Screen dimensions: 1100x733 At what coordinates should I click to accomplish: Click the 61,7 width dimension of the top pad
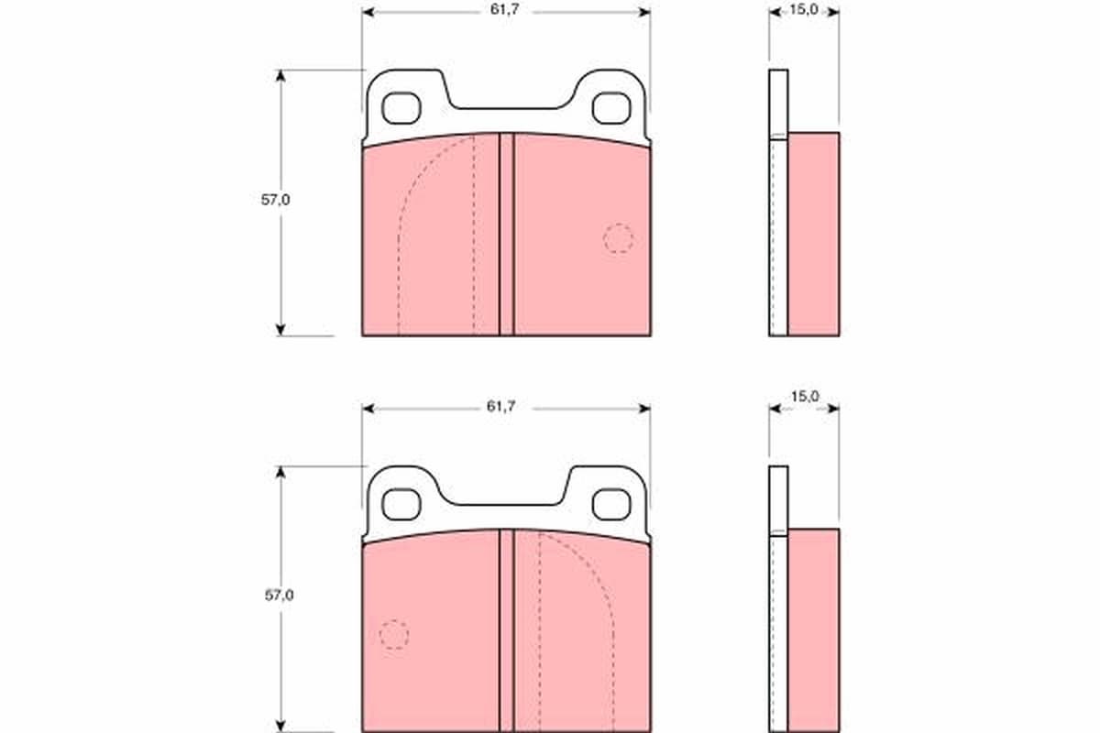pos(504,9)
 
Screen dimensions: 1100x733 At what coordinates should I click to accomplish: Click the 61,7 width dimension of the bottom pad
pos(500,406)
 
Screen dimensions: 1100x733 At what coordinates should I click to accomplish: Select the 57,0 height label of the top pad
pos(275,200)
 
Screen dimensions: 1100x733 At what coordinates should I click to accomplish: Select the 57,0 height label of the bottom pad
pos(279,595)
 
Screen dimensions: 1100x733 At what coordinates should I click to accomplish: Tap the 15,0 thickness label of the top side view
pos(803,9)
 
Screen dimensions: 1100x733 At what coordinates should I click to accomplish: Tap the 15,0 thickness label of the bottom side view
pos(805,396)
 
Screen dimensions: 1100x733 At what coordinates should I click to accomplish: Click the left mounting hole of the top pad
pos(401,108)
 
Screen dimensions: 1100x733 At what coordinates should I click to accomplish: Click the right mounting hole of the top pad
pos(611,108)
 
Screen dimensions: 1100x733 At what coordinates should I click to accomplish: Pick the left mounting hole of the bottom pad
pos(401,504)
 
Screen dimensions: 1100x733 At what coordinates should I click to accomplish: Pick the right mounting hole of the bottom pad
pos(611,504)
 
